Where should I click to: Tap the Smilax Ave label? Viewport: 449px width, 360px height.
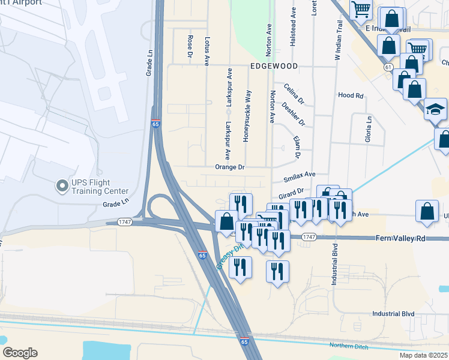click(299, 175)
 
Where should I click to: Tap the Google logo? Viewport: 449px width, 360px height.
click(20, 353)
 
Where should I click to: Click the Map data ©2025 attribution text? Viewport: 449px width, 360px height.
click(424, 355)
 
